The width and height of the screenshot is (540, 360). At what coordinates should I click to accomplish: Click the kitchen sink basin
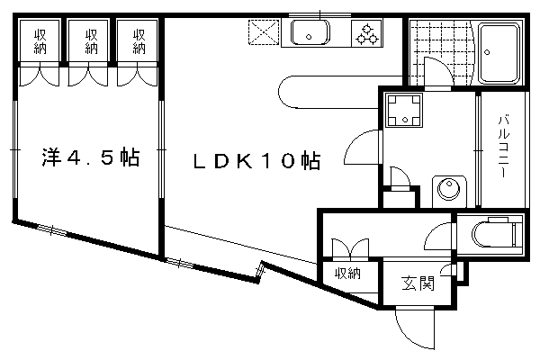[310, 36]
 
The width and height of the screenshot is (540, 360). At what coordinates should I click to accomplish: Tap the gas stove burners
[367, 35]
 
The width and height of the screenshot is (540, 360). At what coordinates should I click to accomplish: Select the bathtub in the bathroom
[499, 52]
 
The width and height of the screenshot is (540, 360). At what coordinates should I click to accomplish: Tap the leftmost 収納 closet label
[40, 41]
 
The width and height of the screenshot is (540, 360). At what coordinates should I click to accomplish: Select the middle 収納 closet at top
[90, 41]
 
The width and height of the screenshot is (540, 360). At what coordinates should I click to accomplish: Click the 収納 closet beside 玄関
[346, 274]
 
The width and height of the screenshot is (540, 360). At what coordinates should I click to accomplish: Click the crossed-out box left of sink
[265, 35]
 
